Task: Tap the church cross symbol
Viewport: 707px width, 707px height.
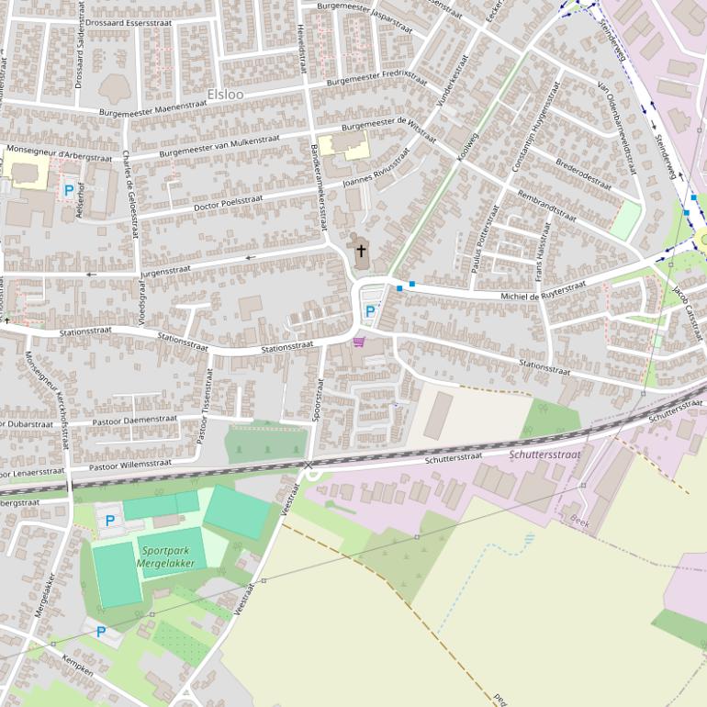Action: click(361, 251)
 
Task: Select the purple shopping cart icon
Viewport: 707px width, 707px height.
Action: click(358, 342)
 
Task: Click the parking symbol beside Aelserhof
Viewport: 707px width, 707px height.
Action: click(68, 191)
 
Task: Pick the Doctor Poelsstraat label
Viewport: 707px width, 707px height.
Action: click(229, 202)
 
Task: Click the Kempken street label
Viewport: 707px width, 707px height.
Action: click(77, 666)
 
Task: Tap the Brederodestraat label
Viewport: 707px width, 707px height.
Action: click(584, 173)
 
